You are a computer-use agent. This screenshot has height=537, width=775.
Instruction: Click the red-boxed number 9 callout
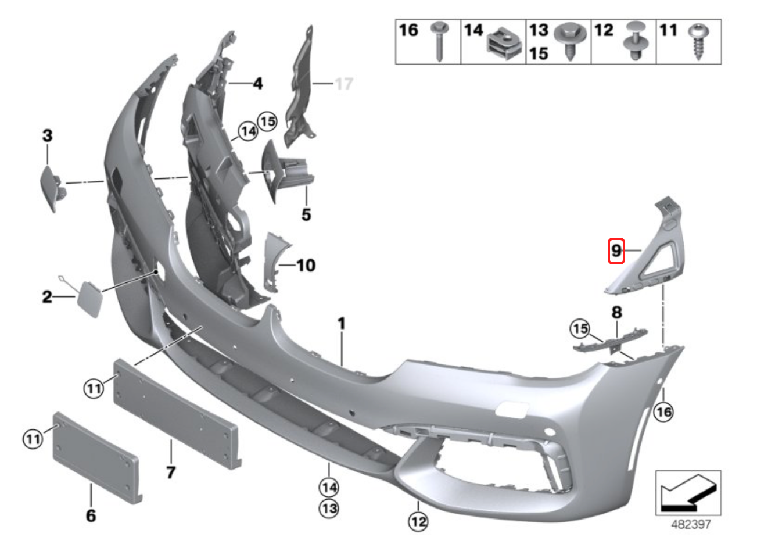point(616,251)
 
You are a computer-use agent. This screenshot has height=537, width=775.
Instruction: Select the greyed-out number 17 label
point(344,84)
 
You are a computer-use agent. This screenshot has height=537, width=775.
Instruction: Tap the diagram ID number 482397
point(691,524)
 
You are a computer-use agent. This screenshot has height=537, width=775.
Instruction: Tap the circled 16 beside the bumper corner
point(663,412)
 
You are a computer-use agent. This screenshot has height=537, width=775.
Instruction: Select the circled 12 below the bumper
point(418,521)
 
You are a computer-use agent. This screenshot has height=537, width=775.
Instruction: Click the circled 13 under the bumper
point(329,509)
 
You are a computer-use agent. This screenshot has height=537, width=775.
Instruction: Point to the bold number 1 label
point(342,323)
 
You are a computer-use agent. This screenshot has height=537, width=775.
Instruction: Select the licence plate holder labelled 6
point(96,457)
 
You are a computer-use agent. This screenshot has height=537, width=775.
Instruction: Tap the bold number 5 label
point(306,214)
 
